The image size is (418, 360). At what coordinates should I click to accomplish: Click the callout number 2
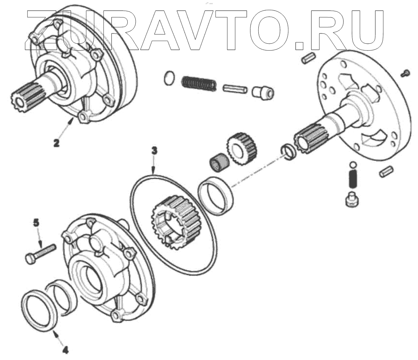tap(56, 143)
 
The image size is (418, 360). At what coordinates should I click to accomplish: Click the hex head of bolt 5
tap(30, 258)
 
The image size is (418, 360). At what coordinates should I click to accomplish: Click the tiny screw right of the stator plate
tap(405, 72)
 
